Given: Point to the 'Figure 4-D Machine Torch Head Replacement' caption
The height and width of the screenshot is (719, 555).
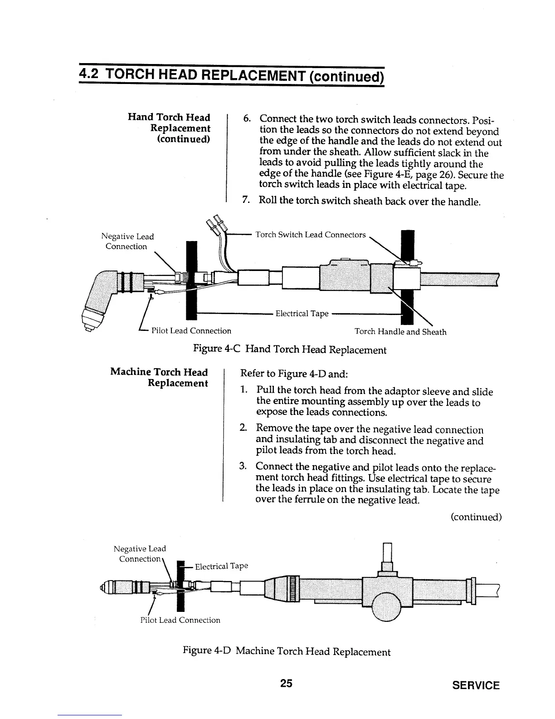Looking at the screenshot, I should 286,652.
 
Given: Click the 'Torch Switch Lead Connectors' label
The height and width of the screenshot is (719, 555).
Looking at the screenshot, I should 311,235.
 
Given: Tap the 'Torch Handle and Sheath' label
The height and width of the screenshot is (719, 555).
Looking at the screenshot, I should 400,332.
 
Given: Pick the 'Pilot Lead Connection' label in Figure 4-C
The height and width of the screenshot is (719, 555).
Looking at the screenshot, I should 191,331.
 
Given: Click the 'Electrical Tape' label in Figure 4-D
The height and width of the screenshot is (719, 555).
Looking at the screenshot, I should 221,566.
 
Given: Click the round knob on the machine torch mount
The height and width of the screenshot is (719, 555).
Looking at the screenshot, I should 387,606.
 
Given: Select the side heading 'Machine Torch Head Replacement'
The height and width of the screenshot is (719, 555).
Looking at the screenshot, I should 159,378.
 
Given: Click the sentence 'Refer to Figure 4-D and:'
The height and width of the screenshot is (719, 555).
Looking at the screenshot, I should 294,374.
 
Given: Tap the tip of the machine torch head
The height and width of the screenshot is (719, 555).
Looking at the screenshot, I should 101,589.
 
